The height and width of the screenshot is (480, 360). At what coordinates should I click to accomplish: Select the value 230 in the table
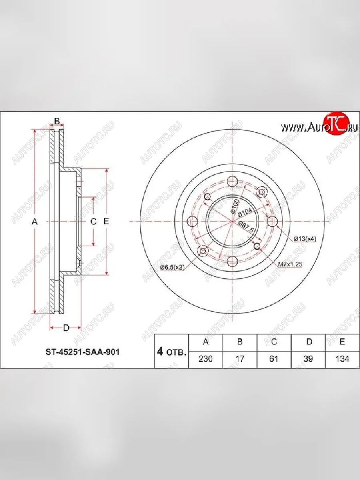coord(206,359)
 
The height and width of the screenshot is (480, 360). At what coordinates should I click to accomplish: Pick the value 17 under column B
coord(240,359)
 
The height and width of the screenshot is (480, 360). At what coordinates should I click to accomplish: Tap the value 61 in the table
coord(274,359)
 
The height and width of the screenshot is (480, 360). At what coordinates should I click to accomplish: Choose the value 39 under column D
coord(308,359)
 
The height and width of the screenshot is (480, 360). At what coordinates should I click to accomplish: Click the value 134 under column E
coord(342,359)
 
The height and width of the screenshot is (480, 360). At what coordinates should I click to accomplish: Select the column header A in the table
coord(206,342)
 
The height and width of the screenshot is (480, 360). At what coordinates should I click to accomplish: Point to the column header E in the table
coord(342,342)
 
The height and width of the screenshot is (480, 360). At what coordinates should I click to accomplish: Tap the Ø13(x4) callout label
coord(304,239)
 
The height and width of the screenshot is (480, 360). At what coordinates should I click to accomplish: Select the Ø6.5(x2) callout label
coord(172,268)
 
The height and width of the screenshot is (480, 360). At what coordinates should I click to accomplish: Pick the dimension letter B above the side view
coord(57,121)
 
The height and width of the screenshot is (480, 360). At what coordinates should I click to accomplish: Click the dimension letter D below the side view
coord(66,328)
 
